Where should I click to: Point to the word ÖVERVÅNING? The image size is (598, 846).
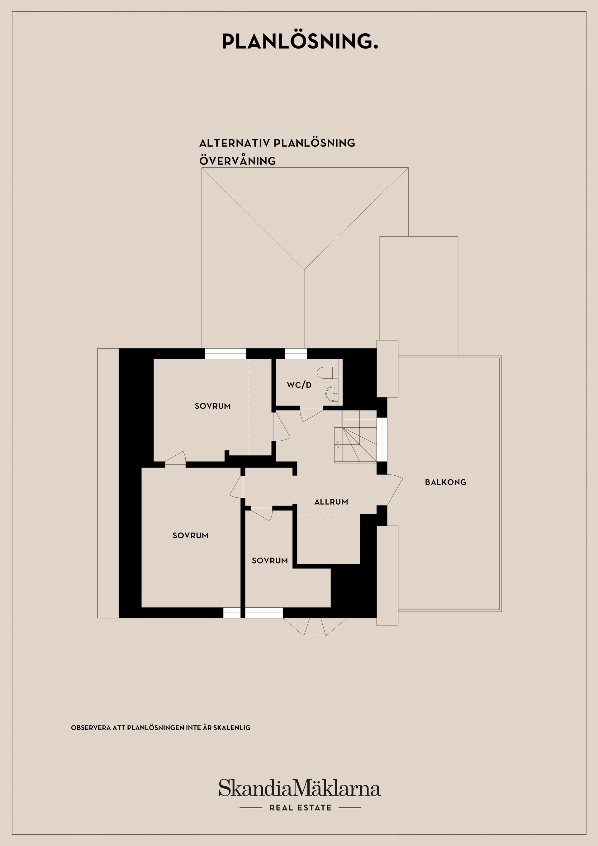237,161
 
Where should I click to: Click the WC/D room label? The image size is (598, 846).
299,385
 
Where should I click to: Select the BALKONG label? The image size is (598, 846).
445,482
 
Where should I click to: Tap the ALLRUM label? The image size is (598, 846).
331,502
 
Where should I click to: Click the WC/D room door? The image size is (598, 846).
312,415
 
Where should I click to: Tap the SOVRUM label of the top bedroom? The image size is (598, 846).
213,406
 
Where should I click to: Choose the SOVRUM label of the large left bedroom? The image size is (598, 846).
191,535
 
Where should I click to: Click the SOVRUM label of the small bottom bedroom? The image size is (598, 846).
270,560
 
